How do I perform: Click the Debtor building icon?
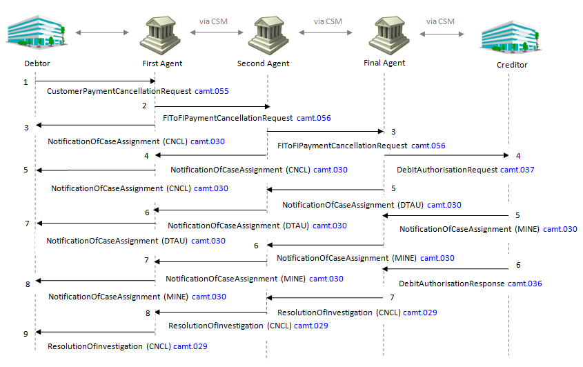coord(37,32)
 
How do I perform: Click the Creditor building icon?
coord(511,37)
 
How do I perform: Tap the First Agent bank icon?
coord(160,36)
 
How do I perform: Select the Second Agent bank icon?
coord(268,36)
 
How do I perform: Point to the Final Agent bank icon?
coord(389,36)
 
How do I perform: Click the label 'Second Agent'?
coord(264,63)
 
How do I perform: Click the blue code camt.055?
coord(212,91)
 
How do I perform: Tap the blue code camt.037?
coord(517,170)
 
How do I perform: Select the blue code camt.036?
coord(525,284)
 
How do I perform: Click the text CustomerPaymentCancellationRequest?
coord(119,91)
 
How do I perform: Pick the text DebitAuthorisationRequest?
coord(447,170)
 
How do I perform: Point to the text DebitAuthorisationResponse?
coord(452,284)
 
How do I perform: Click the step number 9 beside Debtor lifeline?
coord(26,334)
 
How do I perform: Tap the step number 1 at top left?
coord(26,82)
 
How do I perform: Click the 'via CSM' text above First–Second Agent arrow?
coord(213,21)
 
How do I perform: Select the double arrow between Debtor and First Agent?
coord(102,32)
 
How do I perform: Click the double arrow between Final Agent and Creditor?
coord(442,34)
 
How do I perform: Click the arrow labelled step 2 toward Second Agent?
coord(213,107)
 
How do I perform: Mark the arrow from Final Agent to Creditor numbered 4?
coord(446,155)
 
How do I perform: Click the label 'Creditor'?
coord(512,65)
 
